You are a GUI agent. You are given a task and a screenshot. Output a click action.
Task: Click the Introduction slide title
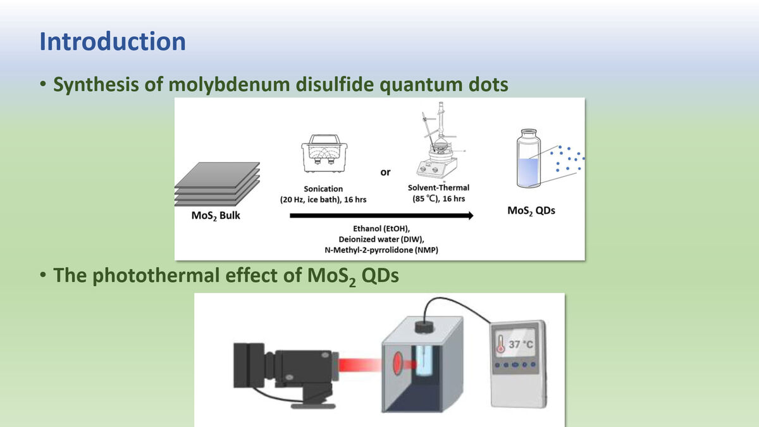pos(113,42)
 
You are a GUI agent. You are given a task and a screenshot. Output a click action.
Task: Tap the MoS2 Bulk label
pos(216,216)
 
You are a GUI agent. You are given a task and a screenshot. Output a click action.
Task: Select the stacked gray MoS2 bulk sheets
pos(217,184)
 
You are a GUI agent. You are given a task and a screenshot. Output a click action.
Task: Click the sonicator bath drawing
pos(324,153)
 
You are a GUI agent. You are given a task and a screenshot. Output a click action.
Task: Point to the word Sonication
pos(323,189)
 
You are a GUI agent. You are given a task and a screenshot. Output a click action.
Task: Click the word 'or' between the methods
pos(385,173)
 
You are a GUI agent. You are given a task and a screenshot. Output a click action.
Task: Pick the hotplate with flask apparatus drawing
pos(437,140)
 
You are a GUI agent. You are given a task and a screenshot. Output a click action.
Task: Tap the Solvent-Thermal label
pos(438,188)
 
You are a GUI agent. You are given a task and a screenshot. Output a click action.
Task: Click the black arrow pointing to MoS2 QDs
pos(381,216)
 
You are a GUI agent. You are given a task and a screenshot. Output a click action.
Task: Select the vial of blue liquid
pos(529,158)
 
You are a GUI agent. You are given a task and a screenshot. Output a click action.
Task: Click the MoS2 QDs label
pos(531,211)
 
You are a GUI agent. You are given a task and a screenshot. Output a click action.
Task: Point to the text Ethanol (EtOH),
pos(381,229)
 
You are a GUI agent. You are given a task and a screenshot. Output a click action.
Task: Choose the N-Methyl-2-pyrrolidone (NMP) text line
pos(381,250)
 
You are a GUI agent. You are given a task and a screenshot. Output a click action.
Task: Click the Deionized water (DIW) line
pos(381,239)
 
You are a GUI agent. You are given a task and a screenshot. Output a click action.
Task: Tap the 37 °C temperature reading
pos(521,344)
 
